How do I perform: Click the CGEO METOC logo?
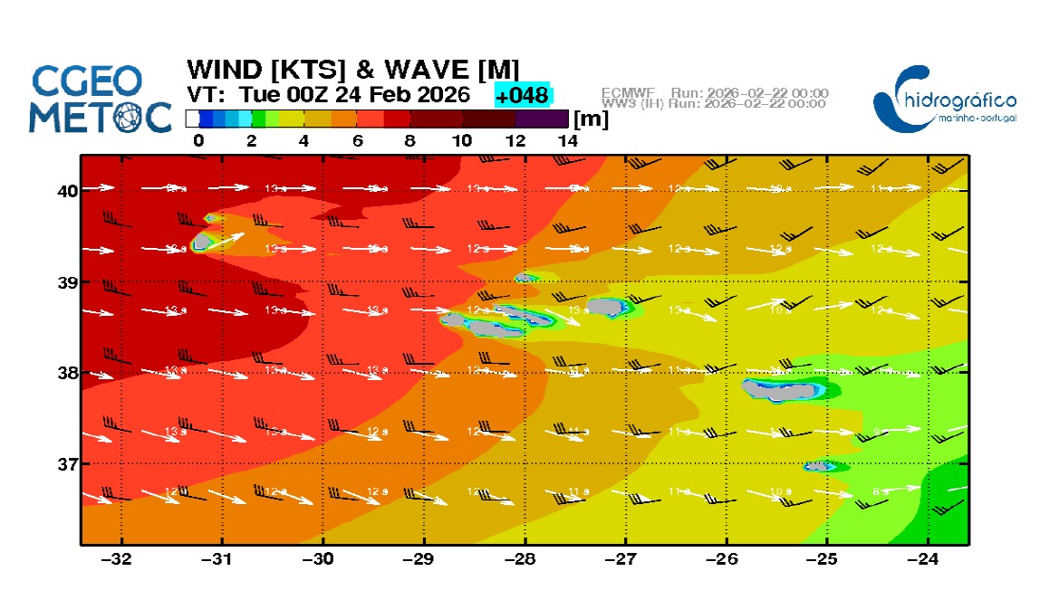click(100, 98)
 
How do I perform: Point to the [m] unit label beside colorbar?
click(591, 119)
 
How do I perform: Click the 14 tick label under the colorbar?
click(567, 140)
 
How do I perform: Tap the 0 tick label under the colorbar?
click(198, 140)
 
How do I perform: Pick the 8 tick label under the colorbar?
click(409, 140)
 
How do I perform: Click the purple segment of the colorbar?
click(542, 119)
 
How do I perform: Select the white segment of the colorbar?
click(192, 119)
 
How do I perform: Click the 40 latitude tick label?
click(68, 190)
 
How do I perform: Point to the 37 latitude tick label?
click(68, 464)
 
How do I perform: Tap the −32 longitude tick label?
click(119, 558)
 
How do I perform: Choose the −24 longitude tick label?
click(924, 558)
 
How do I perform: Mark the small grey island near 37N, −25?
click(819, 466)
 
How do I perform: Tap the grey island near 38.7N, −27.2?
click(608, 307)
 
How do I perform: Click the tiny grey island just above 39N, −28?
click(525, 277)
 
